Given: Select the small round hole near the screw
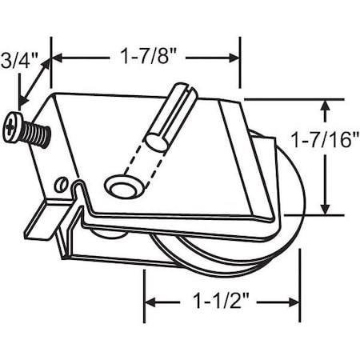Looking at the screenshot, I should tap(58, 184).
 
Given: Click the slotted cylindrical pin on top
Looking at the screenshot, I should tap(170, 116).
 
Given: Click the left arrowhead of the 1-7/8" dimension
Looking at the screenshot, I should tap(58, 58).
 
